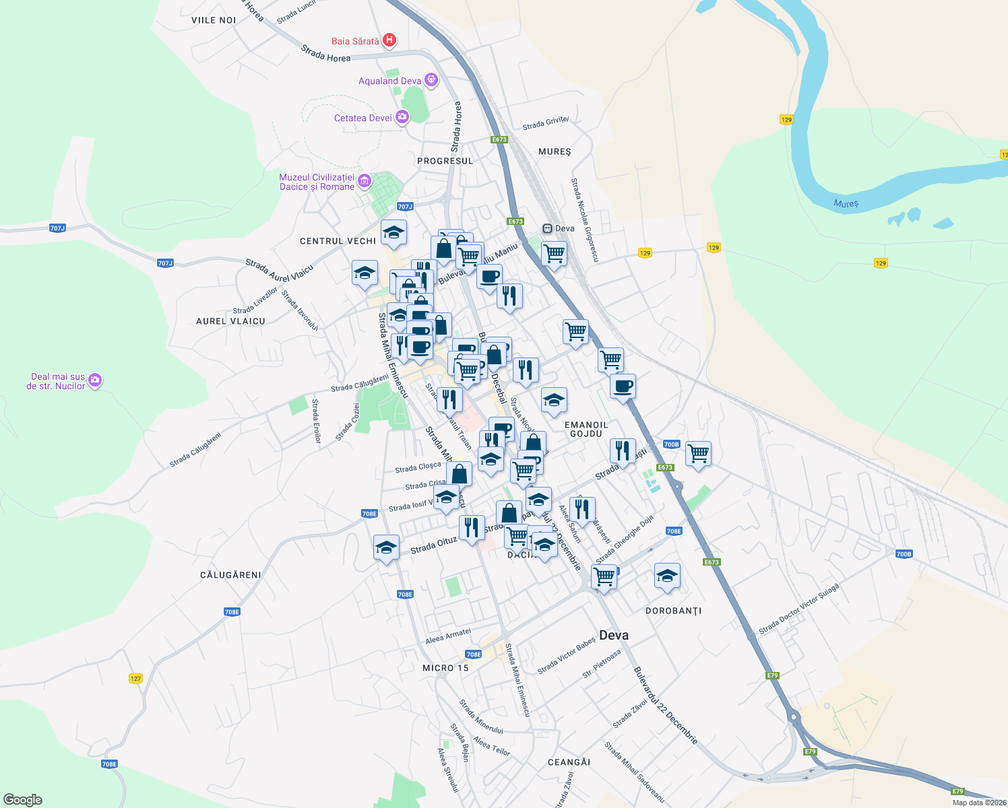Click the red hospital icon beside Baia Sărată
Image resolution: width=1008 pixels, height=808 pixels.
[x=389, y=40]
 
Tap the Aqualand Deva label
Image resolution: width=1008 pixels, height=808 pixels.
[x=389, y=81]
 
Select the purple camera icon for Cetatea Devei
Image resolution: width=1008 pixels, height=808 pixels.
[x=402, y=118]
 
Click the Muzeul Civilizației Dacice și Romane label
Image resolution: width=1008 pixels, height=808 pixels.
[x=317, y=182]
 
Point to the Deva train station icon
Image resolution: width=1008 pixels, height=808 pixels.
[x=548, y=228]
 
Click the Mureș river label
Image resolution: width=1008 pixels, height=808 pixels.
[x=846, y=203]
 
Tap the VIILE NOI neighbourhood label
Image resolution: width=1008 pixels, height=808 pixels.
[x=214, y=20]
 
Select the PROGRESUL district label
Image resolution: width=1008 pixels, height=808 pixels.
[x=445, y=161]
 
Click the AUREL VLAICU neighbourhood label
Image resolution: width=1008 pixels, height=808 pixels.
[x=230, y=321]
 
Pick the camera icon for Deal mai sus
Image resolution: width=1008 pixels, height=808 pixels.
[x=95, y=380]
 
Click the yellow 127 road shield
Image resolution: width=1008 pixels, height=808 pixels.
[x=136, y=678]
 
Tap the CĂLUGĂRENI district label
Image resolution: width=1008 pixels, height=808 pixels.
[x=230, y=575]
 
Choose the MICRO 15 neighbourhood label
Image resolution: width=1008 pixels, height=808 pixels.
[x=445, y=668]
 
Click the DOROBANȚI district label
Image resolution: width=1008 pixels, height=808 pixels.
[x=673, y=611]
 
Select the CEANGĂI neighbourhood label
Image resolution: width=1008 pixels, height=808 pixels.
[x=569, y=762]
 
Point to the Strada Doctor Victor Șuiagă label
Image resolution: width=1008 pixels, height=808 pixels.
[x=799, y=609]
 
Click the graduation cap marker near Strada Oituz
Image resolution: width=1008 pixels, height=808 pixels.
[x=386, y=547]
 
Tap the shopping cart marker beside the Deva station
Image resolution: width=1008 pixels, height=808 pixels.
[x=554, y=254]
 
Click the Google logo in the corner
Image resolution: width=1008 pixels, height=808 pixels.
[x=23, y=799]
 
